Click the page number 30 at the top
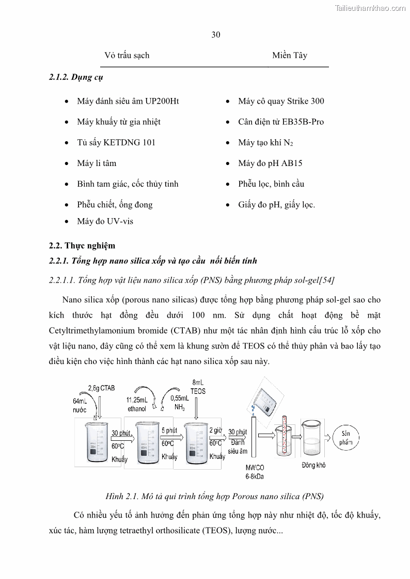(216, 35)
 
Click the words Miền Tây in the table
(290, 55)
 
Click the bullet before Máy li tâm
(67, 163)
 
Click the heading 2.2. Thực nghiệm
(82, 245)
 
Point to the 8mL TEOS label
(198, 387)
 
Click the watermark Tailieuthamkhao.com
(370, 8)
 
